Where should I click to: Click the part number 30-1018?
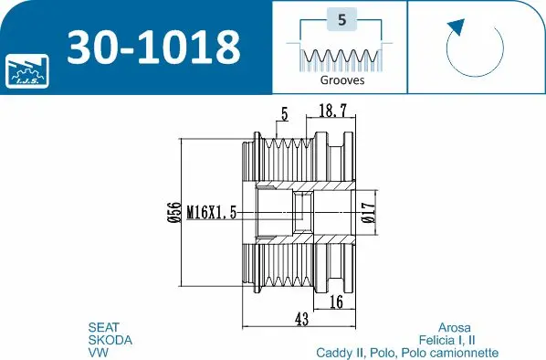click(x=152, y=45)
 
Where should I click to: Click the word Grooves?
click(x=342, y=79)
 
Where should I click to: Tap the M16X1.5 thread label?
click(x=212, y=212)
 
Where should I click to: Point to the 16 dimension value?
click(x=335, y=302)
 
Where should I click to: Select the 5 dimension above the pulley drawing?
click(x=285, y=115)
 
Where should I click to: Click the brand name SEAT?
click(x=103, y=326)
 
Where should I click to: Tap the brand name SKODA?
click(x=110, y=339)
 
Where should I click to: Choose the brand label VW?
click(x=97, y=352)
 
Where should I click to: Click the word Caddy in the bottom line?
click(x=336, y=352)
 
